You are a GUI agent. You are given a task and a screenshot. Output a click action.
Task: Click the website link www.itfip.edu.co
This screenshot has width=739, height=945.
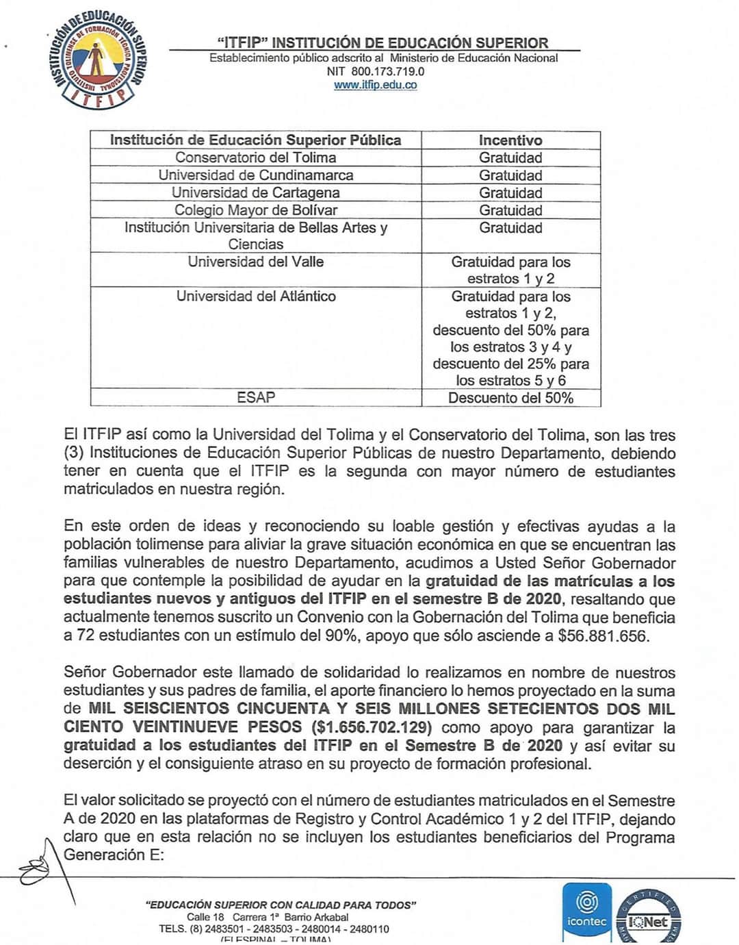(x=375, y=85)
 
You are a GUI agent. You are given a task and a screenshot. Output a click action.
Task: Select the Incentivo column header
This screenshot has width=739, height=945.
(x=510, y=140)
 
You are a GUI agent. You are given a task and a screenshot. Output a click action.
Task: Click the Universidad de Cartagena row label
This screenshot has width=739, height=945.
(x=255, y=193)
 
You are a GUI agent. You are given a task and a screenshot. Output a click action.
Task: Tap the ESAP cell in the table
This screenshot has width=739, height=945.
(x=255, y=397)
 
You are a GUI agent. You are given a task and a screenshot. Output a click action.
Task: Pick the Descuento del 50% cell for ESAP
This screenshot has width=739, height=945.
(x=510, y=398)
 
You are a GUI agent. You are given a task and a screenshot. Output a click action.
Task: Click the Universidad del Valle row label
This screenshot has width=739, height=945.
(x=255, y=262)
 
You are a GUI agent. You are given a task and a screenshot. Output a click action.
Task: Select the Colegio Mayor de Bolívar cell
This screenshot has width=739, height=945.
(x=255, y=210)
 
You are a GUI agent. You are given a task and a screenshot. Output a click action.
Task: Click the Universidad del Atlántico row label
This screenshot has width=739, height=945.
(x=255, y=297)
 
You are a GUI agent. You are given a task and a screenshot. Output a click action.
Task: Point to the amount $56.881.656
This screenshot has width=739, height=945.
(x=602, y=635)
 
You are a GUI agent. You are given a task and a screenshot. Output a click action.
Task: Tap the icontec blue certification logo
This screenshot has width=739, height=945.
(x=586, y=911)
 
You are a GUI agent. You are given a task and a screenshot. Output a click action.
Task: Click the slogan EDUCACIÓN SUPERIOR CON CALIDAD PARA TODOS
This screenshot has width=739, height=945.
(x=281, y=905)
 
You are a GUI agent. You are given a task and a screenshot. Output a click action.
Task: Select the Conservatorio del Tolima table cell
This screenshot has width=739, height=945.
(x=255, y=157)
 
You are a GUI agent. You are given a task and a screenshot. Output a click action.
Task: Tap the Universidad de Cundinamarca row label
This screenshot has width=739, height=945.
(x=255, y=175)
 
